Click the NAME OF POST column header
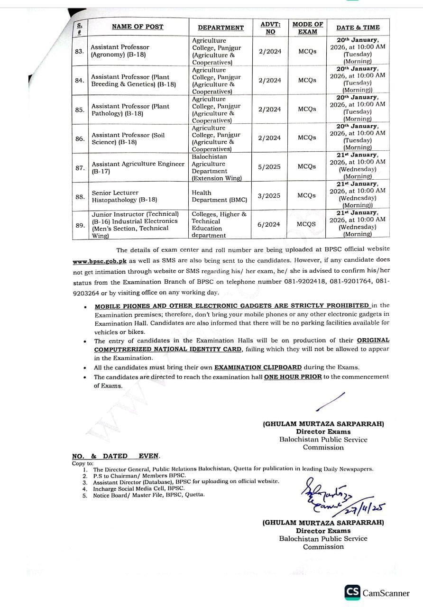[x=137, y=27]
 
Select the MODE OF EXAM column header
[x=307, y=28]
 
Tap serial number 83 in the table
[x=80, y=51]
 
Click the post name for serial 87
[x=138, y=167]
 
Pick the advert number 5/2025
[x=269, y=167]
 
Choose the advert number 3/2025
[x=269, y=195]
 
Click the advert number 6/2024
[x=269, y=224]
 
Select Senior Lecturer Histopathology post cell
[x=124, y=196]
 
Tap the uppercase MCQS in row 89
[x=307, y=224]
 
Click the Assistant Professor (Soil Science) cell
[x=128, y=138]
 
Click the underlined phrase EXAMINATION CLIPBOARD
[x=258, y=367]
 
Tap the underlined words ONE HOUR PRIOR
[x=293, y=377]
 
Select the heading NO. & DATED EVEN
[x=116, y=456]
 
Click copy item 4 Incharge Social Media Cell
[x=138, y=488]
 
